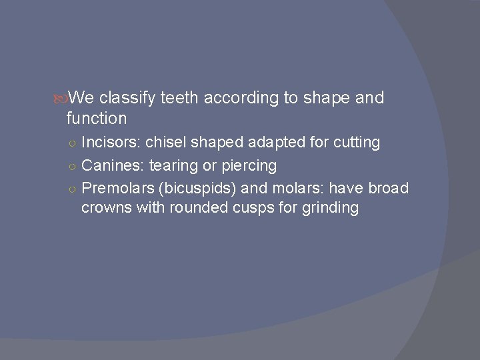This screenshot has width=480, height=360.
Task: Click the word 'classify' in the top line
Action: tap(128, 99)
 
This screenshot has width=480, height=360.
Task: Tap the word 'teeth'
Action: tap(179, 99)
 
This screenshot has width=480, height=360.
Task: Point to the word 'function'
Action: tap(97, 119)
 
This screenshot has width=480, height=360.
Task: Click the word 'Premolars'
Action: tap(119, 188)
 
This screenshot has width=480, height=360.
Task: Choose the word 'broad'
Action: tap(388, 188)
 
